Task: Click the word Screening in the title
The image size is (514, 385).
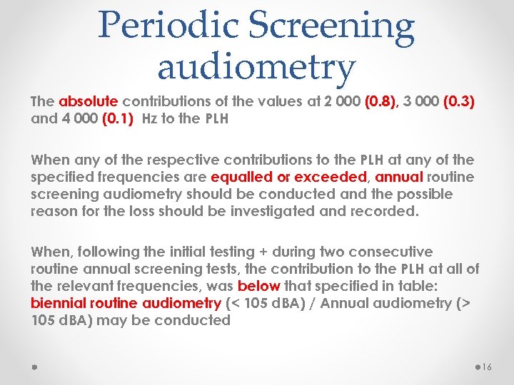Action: click(x=336, y=26)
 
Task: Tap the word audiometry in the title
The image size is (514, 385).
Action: click(x=256, y=67)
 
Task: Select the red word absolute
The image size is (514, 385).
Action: click(x=85, y=102)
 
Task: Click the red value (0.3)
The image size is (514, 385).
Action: click(x=458, y=102)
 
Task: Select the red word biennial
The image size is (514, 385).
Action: click(x=59, y=303)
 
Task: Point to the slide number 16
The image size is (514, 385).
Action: click(x=488, y=367)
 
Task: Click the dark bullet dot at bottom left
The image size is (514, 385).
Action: click(x=34, y=366)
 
